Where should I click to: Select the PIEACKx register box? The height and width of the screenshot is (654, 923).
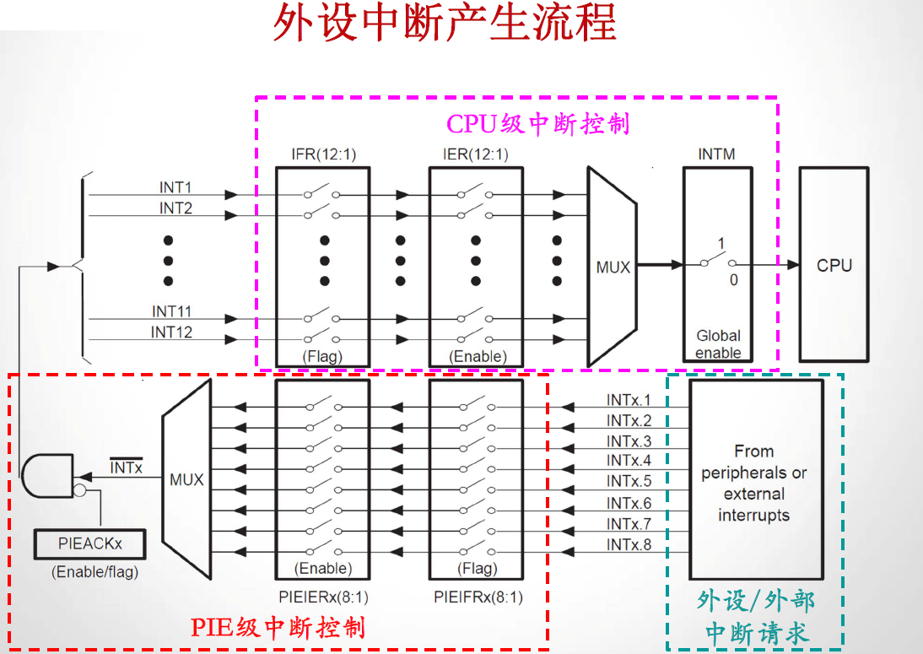coord(89,543)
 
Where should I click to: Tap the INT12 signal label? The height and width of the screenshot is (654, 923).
coord(171,332)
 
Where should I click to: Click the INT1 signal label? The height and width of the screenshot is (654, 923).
coord(175,186)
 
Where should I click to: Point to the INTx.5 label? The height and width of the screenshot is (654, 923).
coord(629,481)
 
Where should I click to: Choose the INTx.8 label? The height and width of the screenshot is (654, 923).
coord(629,545)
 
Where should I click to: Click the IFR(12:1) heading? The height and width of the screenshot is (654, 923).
coord(321,154)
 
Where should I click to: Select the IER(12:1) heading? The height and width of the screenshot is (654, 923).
coord(476,154)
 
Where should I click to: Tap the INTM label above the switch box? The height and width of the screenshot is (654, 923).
coord(716,154)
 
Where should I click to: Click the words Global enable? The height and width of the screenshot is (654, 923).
coord(718,343)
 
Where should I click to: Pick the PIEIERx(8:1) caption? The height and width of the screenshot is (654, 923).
coord(322,597)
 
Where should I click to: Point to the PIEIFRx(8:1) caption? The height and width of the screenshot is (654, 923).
coord(478,597)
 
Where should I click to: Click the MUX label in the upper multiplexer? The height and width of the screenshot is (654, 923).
coord(613,267)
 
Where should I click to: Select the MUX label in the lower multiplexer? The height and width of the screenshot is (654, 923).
coord(186,479)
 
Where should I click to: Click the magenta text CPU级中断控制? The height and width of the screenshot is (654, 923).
coord(537,124)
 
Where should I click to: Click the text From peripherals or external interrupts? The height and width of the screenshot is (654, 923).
coord(754,483)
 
